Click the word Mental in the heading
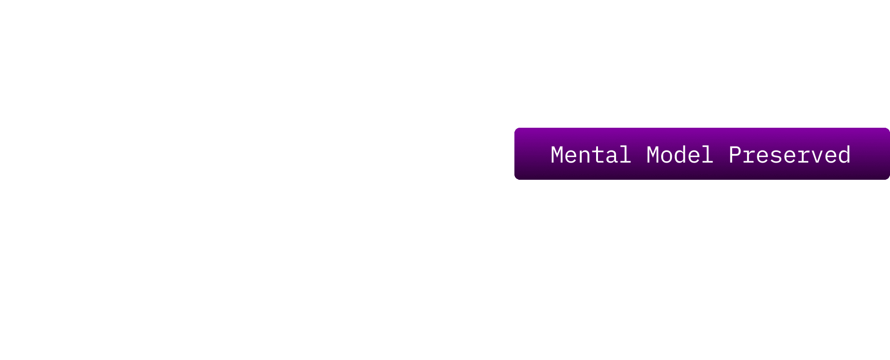tap(590, 155)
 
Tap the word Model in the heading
tap(679, 155)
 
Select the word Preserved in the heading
tap(789, 155)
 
